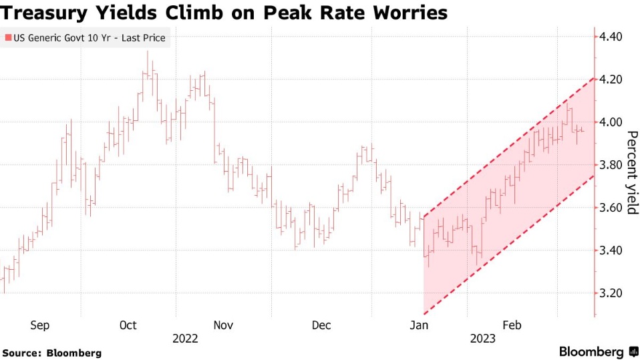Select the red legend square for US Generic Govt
point(7,38)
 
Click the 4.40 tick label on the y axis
point(611,37)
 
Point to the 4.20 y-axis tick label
point(611,79)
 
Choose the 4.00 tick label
point(611,122)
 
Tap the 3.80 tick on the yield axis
point(611,165)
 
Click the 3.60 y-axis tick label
point(611,208)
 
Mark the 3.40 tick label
point(611,250)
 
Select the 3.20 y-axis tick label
point(611,293)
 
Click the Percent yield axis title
point(631,172)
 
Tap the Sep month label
point(40,325)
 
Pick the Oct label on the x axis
point(128,325)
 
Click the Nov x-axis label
point(223,325)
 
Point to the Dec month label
point(321,325)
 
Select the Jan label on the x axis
point(420,325)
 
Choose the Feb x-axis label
point(512,325)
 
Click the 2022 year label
point(185,339)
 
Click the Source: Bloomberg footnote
point(52,352)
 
